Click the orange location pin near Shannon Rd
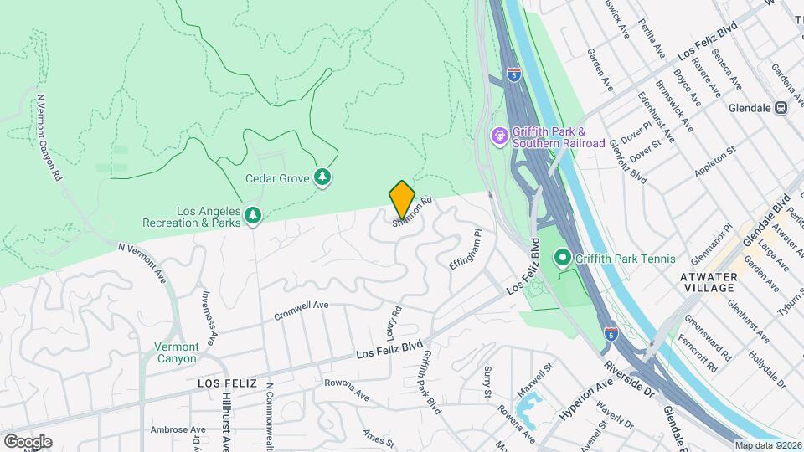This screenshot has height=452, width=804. [402, 198]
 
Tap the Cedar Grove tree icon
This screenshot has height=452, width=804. [322, 177]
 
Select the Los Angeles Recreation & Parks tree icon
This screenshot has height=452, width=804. [253, 218]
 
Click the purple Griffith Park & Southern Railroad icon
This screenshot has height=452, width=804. [500, 136]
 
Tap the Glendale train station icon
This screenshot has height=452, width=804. [781, 107]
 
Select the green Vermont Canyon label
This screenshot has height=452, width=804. [177, 352]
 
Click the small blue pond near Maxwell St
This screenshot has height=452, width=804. [529, 408]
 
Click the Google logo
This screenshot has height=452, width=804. [28, 441]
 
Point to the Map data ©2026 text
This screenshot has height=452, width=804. [768, 444]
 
